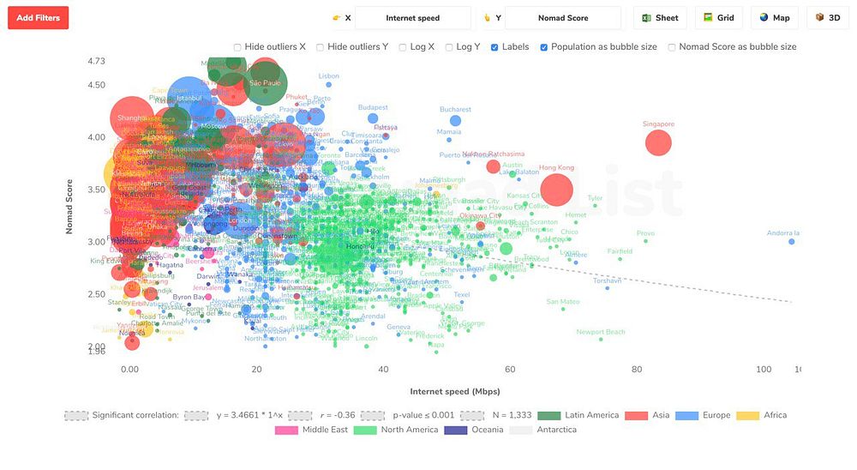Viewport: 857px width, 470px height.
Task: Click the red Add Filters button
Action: tap(38, 18)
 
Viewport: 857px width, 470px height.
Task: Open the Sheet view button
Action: tap(660, 18)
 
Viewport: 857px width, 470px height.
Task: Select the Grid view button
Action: tap(718, 18)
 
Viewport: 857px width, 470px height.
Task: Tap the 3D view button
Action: tap(828, 18)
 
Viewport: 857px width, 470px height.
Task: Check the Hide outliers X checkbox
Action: tap(237, 47)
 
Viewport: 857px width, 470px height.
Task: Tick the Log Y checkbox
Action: tap(449, 47)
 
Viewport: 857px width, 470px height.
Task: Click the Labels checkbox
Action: tap(494, 47)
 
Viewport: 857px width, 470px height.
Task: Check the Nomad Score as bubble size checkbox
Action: tap(672, 47)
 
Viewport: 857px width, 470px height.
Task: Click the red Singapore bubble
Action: tap(658, 143)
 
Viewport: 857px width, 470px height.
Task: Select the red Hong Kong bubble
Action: tap(556, 190)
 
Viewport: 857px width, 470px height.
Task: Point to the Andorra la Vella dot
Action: tap(792, 242)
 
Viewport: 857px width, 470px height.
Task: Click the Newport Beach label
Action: tap(601, 332)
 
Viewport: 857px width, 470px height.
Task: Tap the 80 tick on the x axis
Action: tap(637, 370)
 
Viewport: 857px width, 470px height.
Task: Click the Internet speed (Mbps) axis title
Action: tap(454, 392)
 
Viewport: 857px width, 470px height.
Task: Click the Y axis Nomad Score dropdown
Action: tap(562, 18)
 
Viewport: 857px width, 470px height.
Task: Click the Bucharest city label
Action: tap(455, 110)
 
